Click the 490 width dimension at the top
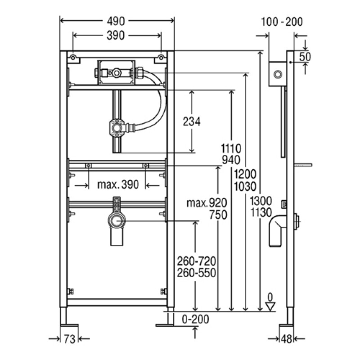click(x=116, y=21)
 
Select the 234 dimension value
click(x=192, y=121)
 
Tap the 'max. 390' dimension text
click(x=118, y=184)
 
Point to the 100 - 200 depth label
click(x=282, y=22)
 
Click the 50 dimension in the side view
click(x=305, y=57)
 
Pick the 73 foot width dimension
click(x=69, y=339)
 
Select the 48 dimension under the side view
click(x=287, y=339)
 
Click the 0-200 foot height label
click(x=195, y=319)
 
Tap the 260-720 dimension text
click(x=197, y=261)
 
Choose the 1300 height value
click(x=261, y=201)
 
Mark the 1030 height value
click(x=245, y=186)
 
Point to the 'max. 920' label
click(x=207, y=203)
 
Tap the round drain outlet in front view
click(x=117, y=220)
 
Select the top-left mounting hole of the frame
click(x=73, y=58)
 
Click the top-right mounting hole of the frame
click(x=161, y=58)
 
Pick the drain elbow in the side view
click(x=277, y=230)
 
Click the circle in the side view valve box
click(x=278, y=74)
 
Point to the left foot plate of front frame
click(x=69, y=325)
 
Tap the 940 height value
click(x=231, y=160)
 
